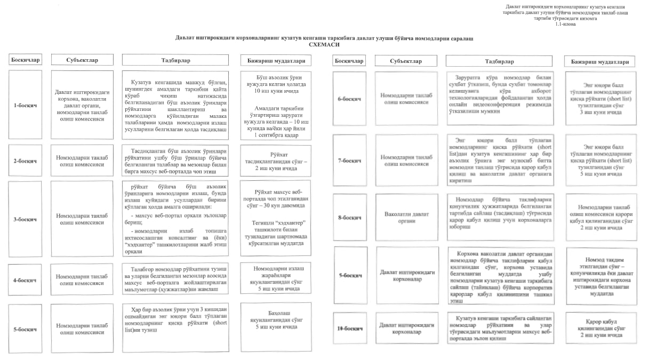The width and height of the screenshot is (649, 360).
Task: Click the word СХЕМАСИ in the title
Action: [x=324, y=46]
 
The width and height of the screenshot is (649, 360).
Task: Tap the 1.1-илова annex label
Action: [x=565, y=24]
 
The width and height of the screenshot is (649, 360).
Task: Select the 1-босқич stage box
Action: [x=25, y=105]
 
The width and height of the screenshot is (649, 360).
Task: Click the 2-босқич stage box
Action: [x=25, y=160]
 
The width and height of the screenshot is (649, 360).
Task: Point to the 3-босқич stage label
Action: [x=25, y=219]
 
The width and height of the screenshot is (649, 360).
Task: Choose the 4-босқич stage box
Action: [x=25, y=280]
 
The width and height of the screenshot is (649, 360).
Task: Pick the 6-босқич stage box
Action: [x=349, y=99]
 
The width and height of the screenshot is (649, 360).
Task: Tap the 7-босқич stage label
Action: [x=349, y=161]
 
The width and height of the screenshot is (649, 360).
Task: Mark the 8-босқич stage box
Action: [x=349, y=218]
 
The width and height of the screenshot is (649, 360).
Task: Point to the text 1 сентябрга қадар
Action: [x=276, y=135]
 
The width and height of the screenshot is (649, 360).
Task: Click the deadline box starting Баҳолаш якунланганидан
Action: [x=276, y=323]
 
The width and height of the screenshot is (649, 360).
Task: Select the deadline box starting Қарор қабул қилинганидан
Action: [x=600, y=328]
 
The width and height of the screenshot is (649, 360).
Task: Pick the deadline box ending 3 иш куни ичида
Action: [x=600, y=99]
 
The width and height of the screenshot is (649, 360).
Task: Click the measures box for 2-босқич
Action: [x=175, y=161]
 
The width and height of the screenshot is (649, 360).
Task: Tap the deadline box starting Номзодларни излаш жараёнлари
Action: [x=276, y=277]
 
